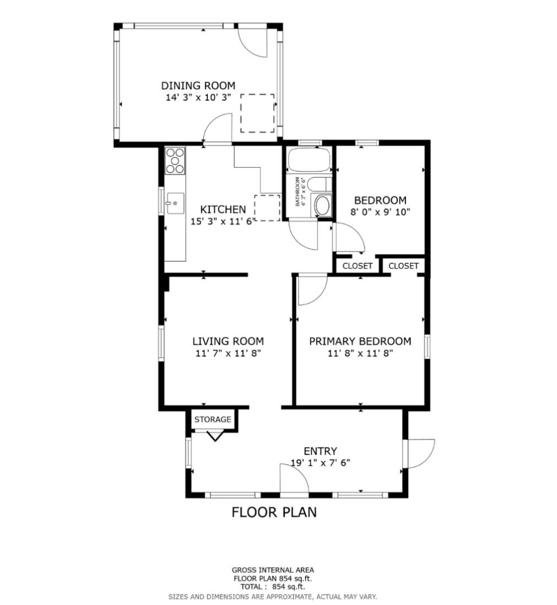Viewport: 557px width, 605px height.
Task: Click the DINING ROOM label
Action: pos(198,85)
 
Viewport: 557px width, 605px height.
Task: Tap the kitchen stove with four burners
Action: pos(175,160)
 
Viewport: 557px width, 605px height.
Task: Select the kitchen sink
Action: pos(175,202)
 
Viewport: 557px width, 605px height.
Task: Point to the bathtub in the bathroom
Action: pos(309,160)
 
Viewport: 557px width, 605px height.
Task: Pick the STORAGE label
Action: pos(213,419)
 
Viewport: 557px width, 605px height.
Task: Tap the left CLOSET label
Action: pos(358,266)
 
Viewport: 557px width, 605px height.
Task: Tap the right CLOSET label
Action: pos(403,266)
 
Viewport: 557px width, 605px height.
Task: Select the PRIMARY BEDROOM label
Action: pos(360,341)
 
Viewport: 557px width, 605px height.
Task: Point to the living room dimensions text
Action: pos(228,353)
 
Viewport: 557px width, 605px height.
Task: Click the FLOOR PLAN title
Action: pos(274,512)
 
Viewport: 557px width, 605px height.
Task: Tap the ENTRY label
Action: pos(320,451)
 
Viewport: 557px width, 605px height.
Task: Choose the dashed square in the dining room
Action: pos(257,113)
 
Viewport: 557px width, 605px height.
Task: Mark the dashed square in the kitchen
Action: pos(267,208)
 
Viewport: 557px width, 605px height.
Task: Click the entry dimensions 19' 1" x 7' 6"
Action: pos(320,463)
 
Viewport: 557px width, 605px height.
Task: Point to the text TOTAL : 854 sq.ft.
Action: pos(273,587)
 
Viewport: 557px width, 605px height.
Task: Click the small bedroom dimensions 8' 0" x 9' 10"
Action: pos(380,212)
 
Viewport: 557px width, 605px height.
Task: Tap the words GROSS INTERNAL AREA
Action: pos(273,570)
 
